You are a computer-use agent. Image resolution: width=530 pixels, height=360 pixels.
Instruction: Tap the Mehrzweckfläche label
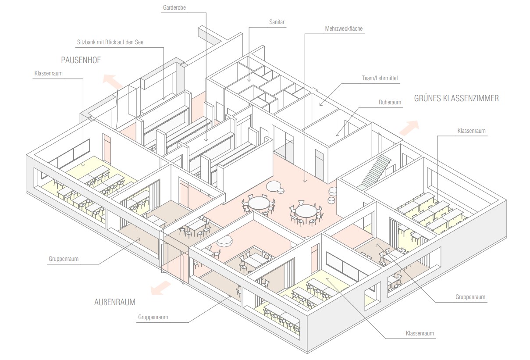pyautogui.click(x=344, y=29)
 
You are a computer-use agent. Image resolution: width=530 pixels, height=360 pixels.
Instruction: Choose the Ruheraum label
pyautogui.click(x=390, y=102)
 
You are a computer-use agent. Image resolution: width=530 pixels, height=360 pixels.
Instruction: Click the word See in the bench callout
pyautogui.click(x=139, y=43)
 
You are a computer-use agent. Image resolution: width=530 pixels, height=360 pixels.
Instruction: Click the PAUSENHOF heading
pyautogui.click(x=81, y=60)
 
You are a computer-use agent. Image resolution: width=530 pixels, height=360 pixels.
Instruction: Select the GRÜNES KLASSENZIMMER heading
pyautogui.click(x=456, y=99)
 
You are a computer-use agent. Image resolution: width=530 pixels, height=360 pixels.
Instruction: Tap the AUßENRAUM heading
pyautogui.click(x=114, y=302)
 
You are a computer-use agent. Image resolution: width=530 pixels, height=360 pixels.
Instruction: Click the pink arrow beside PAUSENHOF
pyautogui.click(x=112, y=82)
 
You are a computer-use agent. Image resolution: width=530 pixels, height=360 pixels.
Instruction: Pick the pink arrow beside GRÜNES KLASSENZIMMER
pyautogui.click(x=408, y=128)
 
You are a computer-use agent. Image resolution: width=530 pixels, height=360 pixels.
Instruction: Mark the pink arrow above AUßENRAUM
pyautogui.click(x=160, y=288)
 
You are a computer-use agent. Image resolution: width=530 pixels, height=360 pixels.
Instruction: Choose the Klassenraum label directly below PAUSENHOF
pyautogui.click(x=48, y=74)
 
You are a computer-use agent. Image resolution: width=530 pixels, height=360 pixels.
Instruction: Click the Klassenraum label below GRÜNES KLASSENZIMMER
pyautogui.click(x=471, y=131)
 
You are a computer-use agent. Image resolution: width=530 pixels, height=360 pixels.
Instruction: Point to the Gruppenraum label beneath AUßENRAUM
pyautogui.click(x=153, y=317)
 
